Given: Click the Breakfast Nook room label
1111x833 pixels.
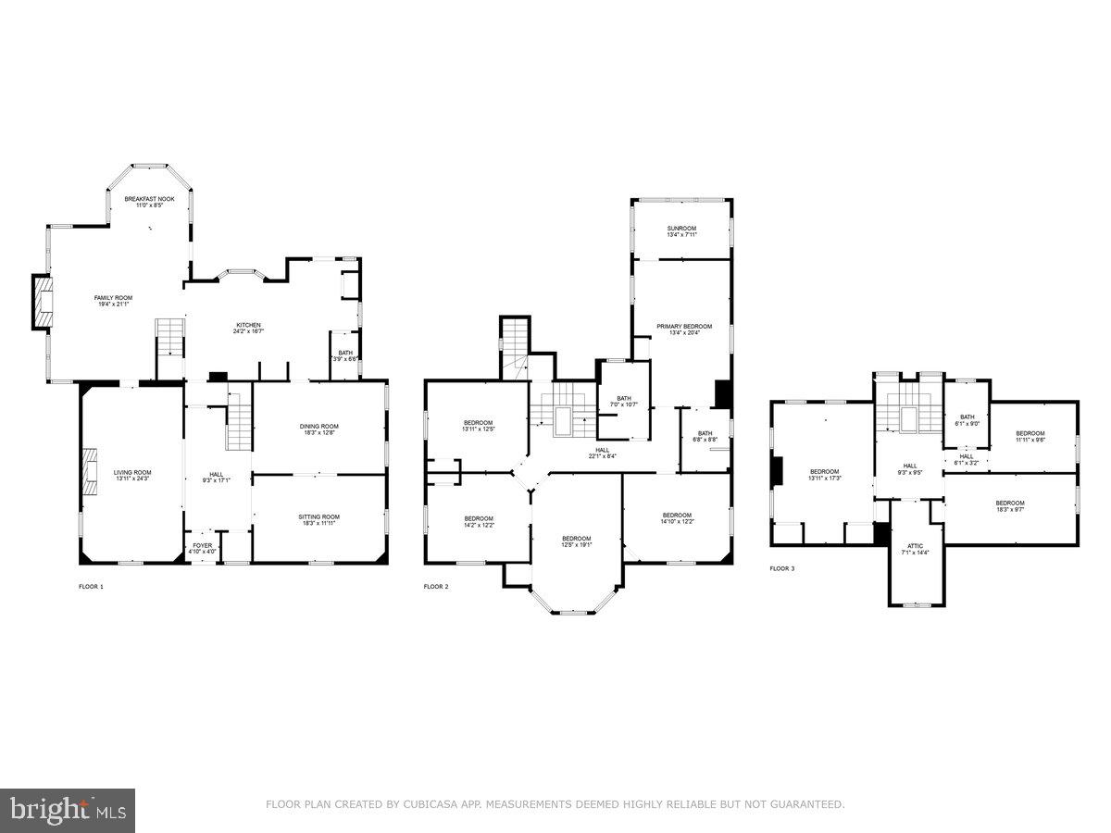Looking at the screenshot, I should click(149, 202).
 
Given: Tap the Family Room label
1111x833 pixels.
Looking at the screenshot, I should click(113, 301).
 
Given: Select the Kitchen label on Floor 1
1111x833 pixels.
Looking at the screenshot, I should click(248, 328).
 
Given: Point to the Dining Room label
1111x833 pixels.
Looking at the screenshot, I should click(318, 429).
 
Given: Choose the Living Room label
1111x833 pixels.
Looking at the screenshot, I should click(132, 475).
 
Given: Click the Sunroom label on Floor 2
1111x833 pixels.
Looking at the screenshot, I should click(681, 230).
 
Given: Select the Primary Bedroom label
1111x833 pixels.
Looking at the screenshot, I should click(684, 329).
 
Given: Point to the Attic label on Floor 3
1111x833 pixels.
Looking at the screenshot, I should click(916, 549).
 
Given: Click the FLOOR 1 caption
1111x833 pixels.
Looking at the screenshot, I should click(91, 587).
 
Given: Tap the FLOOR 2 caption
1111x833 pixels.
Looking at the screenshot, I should click(436, 587).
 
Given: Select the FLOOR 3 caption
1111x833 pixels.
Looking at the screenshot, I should click(781, 568).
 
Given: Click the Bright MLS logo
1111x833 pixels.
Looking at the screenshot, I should click(68, 811).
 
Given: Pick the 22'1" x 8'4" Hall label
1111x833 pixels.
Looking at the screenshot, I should click(602, 452).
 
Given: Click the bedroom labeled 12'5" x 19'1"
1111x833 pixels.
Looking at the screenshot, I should click(576, 541).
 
